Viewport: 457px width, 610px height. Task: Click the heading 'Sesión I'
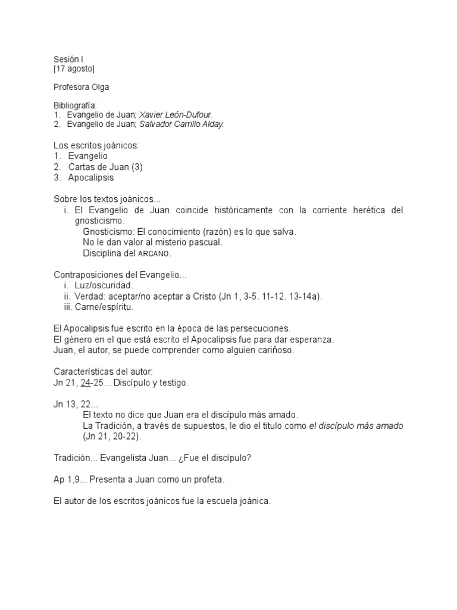[x=69, y=60]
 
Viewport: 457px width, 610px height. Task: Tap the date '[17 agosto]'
[x=74, y=69]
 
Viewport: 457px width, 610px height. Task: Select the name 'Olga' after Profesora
[x=99, y=87]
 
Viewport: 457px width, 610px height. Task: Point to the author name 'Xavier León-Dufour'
[x=176, y=114]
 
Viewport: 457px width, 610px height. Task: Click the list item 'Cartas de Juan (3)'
[x=105, y=167]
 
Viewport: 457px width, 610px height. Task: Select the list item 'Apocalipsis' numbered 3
[x=90, y=178]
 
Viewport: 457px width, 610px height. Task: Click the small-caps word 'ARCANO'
[x=154, y=253]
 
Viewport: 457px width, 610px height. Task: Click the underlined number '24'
[x=85, y=383]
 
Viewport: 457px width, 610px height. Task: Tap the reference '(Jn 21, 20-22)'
[x=112, y=436]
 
